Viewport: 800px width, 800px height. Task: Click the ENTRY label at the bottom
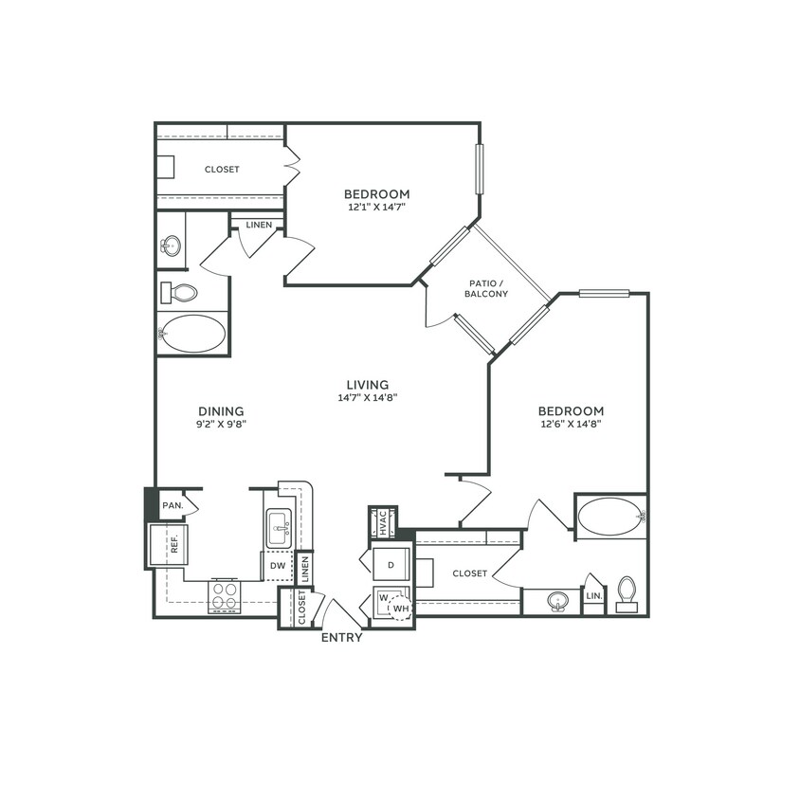tap(341, 638)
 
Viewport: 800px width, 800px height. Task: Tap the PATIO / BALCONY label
tap(485, 288)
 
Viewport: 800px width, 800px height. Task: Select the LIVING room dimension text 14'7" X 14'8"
tap(367, 398)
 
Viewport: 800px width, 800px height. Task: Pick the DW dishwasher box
tap(278, 566)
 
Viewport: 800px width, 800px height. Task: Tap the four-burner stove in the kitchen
tap(225, 597)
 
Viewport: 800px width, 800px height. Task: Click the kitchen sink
tap(279, 527)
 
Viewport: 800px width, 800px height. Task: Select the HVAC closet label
tap(383, 523)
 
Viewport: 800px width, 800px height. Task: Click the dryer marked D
tap(390, 565)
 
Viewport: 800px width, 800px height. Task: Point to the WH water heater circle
tap(401, 608)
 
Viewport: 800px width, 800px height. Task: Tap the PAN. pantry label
tap(173, 505)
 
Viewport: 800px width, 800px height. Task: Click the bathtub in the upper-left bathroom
tap(193, 334)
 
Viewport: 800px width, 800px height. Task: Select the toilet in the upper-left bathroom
tap(179, 293)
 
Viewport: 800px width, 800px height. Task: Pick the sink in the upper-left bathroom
tap(171, 246)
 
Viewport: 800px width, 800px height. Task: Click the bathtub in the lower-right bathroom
tap(609, 517)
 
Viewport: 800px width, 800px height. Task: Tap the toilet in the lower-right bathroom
tap(627, 591)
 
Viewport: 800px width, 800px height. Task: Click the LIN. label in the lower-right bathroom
tap(593, 596)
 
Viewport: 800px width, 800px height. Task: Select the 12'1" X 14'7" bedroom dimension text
tap(376, 206)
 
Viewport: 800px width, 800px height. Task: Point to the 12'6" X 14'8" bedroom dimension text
tap(571, 424)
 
